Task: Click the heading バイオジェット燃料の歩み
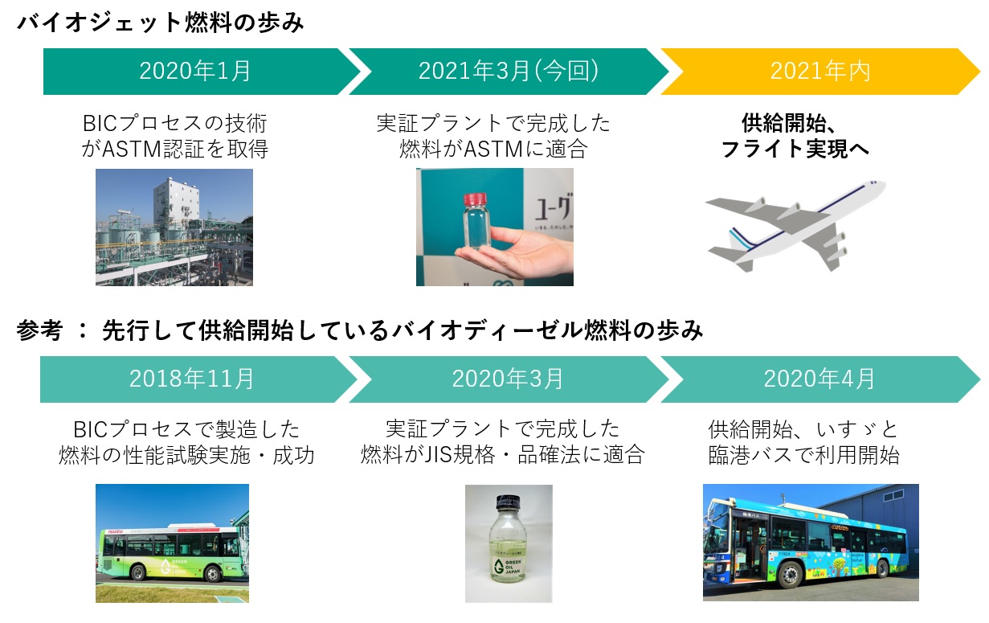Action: (x=161, y=23)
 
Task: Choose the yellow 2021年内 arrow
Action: (x=819, y=72)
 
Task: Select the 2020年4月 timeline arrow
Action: (x=819, y=379)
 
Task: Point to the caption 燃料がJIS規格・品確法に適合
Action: (x=503, y=455)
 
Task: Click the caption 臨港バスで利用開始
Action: (x=803, y=455)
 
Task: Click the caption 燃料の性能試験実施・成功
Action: (x=186, y=455)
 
